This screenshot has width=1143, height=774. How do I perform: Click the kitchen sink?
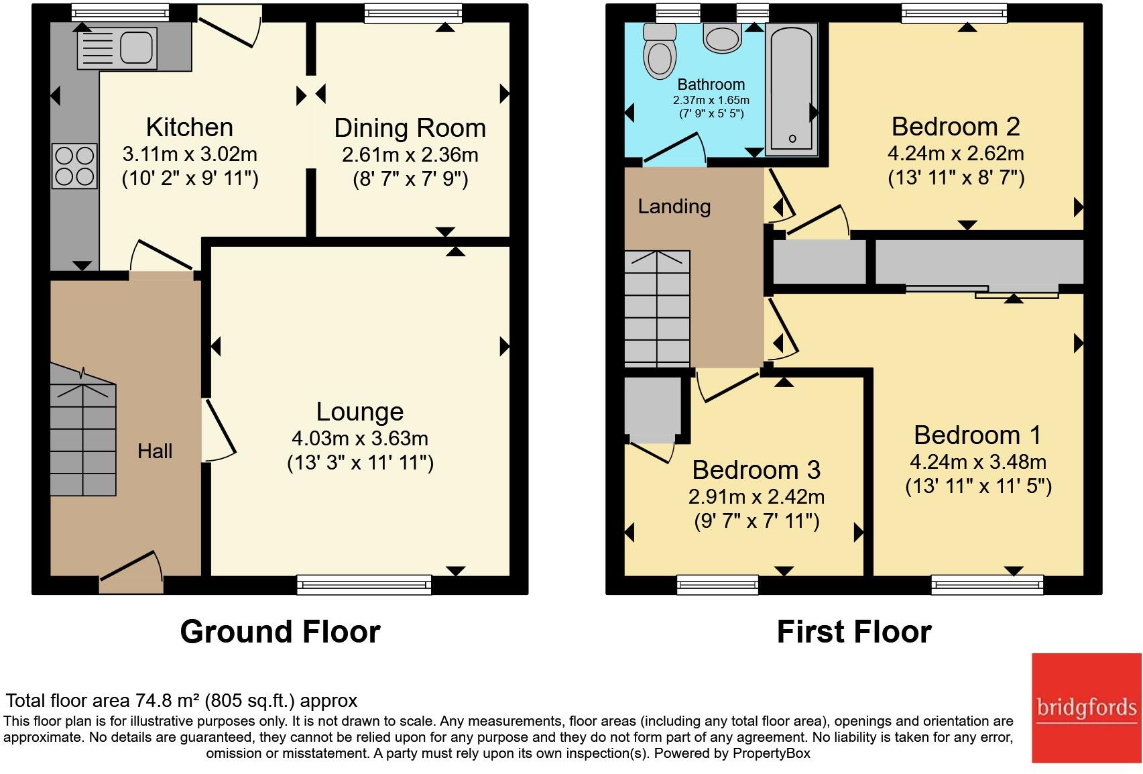(x=117, y=48)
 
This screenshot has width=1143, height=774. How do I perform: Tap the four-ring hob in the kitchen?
(x=74, y=166)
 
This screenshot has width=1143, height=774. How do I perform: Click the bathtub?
(x=792, y=89)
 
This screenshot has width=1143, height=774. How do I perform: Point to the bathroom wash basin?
(x=722, y=38)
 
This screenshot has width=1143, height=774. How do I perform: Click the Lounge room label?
(x=360, y=412)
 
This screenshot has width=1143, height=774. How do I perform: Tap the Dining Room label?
(x=410, y=128)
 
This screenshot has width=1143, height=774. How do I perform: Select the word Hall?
(x=155, y=451)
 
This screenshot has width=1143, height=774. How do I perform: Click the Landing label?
(x=674, y=207)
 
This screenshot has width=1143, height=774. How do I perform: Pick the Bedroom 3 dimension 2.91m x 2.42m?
(x=756, y=496)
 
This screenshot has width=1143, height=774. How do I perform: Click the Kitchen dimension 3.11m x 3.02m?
(x=189, y=154)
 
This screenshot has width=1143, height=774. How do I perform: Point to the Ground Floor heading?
(x=280, y=632)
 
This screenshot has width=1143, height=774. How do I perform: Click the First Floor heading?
(x=854, y=632)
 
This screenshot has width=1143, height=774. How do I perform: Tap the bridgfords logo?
(x=1087, y=708)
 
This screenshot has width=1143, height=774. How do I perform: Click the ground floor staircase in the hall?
(x=83, y=429)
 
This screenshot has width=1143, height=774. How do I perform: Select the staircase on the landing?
(x=657, y=309)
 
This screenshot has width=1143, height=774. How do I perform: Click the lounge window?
(x=364, y=585)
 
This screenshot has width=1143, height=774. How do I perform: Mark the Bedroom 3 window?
(x=717, y=585)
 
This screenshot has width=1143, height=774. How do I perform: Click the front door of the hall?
(x=131, y=572)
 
